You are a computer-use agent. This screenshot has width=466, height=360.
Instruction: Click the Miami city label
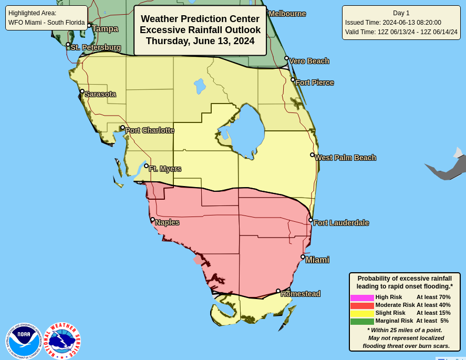(x=317, y=260)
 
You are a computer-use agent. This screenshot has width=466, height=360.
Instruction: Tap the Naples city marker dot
(x=152, y=220)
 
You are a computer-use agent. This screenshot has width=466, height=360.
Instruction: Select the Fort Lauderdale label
(x=341, y=223)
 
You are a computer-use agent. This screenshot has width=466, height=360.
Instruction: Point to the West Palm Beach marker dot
(x=312, y=155)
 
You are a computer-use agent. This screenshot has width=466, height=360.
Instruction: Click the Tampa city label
(x=105, y=29)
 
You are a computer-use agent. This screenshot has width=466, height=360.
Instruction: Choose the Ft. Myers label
(x=165, y=169)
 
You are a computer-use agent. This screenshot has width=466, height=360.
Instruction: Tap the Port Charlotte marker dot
(x=122, y=127)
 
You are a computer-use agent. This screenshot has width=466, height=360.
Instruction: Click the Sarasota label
(x=100, y=94)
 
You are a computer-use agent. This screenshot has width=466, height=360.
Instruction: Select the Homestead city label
(x=301, y=294)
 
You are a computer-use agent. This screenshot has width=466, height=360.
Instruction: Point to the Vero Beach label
(x=309, y=61)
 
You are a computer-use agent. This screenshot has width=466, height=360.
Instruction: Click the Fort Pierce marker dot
(x=293, y=80)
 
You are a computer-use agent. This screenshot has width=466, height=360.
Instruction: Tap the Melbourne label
(x=287, y=14)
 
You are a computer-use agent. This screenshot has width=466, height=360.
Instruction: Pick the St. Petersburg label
(x=96, y=47)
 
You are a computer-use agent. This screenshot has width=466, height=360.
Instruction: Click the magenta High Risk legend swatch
(x=362, y=297)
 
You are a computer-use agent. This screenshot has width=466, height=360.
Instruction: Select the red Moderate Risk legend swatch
(x=362, y=305)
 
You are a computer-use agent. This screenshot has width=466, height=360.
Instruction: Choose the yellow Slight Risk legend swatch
(x=362, y=313)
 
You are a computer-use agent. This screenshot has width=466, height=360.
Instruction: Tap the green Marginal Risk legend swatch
(x=362, y=321)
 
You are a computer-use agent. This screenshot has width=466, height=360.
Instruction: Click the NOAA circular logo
(x=24, y=341)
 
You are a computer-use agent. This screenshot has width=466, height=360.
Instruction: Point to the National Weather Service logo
(x=62, y=341)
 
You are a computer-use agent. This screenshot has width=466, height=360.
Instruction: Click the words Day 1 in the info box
(x=401, y=13)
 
